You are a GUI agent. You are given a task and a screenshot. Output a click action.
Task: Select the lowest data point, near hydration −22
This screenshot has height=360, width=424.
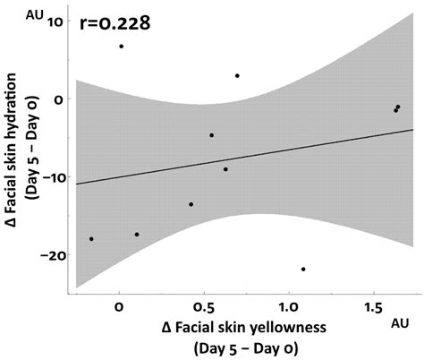point(303,270)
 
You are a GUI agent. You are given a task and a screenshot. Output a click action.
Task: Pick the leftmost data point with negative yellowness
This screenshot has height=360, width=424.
point(91,239)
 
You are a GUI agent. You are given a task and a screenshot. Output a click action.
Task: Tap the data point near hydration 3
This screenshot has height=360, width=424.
point(237,76)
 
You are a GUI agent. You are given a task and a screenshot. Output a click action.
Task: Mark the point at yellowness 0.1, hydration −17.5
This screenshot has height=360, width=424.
point(137,235)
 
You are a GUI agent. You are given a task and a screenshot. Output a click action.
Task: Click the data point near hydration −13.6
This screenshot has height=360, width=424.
point(191,204)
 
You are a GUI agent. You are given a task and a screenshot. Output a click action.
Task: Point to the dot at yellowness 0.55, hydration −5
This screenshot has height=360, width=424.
point(212,135)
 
